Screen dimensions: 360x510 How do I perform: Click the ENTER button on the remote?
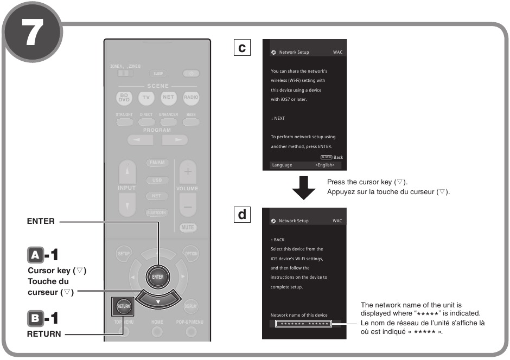157,277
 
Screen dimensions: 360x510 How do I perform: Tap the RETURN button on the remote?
121,306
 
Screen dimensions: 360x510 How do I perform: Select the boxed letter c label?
241,48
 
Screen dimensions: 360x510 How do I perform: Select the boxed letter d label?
241,215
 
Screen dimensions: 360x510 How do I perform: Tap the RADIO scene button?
190,98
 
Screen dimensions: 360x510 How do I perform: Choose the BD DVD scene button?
124,98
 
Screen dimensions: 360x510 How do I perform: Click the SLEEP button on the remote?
158,73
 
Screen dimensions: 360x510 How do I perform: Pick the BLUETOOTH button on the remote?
157,213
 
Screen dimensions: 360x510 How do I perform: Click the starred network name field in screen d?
302,324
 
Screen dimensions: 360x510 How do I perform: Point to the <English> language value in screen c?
324,165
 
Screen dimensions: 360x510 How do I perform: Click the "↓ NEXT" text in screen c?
278,118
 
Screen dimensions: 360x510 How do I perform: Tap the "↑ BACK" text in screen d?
277,240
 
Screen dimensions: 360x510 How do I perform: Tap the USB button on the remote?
157,180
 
